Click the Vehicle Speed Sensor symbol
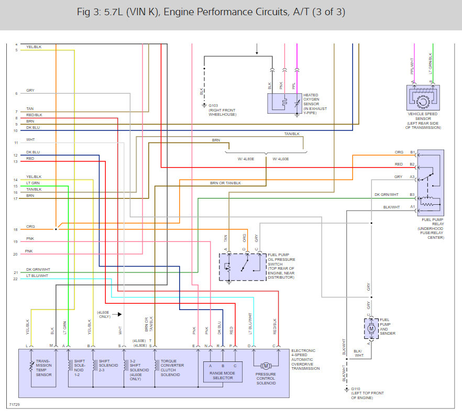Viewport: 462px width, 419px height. pos(422,97)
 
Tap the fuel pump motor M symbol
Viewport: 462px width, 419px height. pos(371,328)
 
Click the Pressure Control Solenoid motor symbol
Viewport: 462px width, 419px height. pos(266,365)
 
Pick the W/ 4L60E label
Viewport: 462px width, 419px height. pos(280,159)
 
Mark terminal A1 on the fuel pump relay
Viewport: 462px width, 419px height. pos(412,206)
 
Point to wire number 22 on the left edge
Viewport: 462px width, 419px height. pos(16,279)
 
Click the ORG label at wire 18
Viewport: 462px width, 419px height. pos(30,226)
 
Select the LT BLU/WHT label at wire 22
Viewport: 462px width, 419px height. pos(37,275)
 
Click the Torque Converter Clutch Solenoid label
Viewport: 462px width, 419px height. pos(172,368)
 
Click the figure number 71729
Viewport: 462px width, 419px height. pos(14,405)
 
